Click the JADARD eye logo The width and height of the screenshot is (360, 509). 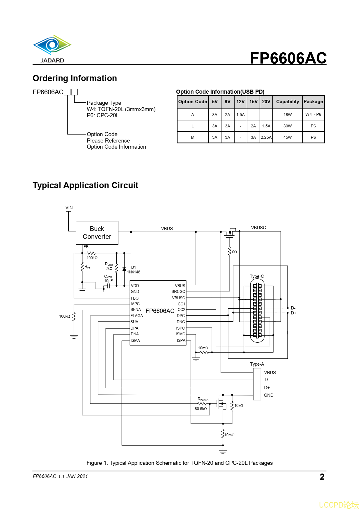pyautogui.click(x=52, y=45)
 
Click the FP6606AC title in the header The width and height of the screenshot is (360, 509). pyautogui.click(x=288, y=58)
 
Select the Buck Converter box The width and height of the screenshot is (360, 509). pyautogui.click(x=97, y=233)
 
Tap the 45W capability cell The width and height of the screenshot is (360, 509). pyautogui.click(x=287, y=137)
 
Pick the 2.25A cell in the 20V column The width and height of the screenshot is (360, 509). pyautogui.click(x=266, y=137)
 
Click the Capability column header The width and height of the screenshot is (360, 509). pyautogui.click(x=287, y=102)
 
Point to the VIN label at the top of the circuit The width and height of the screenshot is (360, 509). pyautogui.click(x=69, y=207)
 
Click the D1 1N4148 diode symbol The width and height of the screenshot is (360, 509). pyautogui.click(x=124, y=269)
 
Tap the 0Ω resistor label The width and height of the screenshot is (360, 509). pyautogui.click(x=234, y=252)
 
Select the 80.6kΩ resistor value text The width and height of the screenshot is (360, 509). pyautogui.click(x=201, y=409)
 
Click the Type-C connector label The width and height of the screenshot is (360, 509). pyautogui.click(x=257, y=276)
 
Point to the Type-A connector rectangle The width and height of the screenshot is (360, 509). pyautogui.click(x=257, y=384)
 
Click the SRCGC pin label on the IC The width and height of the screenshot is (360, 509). pyautogui.click(x=178, y=291)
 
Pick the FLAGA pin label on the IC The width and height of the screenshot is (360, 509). pyautogui.click(x=136, y=316)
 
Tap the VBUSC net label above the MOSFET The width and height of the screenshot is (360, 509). pyautogui.click(x=258, y=227)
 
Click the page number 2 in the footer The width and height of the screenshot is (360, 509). pyautogui.click(x=322, y=477)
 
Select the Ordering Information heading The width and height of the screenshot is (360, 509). pyautogui.click(x=75, y=78)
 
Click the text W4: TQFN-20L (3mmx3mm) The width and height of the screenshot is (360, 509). pyautogui.click(x=121, y=109)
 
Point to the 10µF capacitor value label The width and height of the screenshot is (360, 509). pyautogui.click(x=108, y=281)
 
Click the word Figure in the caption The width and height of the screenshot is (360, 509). pyautogui.click(x=94, y=463)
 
